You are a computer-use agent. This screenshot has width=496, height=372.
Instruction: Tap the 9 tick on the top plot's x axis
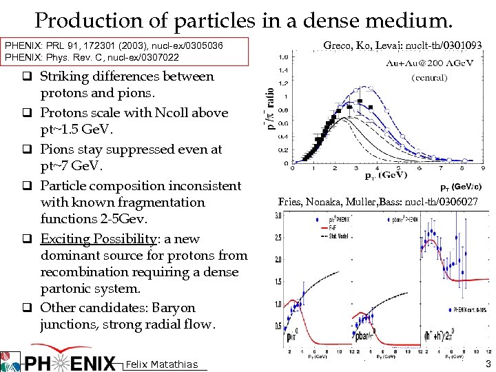[x=482, y=167]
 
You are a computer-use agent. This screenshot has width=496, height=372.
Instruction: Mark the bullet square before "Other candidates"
[x=32, y=308]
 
